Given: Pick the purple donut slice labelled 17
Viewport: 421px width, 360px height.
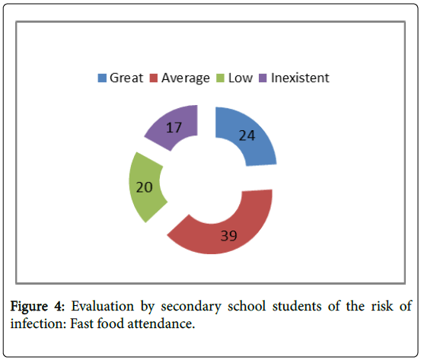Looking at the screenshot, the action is click(x=174, y=126).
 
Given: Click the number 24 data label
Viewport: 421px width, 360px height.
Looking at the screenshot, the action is click(x=247, y=135).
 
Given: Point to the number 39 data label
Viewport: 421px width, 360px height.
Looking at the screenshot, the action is click(x=228, y=236).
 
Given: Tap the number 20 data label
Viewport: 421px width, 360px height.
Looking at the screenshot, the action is click(x=144, y=187).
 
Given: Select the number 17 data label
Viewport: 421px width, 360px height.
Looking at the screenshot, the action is click(x=174, y=127).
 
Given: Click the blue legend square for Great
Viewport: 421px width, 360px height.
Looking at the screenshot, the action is click(x=102, y=78).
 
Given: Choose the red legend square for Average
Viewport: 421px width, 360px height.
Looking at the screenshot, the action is click(x=153, y=78).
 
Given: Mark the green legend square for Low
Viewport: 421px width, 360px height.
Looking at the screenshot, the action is click(x=220, y=78).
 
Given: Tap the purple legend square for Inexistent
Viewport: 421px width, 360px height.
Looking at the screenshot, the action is click(x=263, y=78).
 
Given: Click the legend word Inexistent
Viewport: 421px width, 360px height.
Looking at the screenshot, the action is click(x=300, y=78).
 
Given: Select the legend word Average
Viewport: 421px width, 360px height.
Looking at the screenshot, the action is click(x=186, y=78).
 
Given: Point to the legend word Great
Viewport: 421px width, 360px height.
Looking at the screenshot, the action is click(x=126, y=78).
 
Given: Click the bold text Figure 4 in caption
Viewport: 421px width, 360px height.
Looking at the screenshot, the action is click(x=37, y=306).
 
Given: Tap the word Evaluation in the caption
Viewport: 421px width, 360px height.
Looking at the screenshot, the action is click(x=102, y=306).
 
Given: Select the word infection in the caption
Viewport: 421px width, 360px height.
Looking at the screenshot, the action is click(x=38, y=323).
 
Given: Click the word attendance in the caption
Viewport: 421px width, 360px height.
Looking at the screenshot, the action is click(x=161, y=323).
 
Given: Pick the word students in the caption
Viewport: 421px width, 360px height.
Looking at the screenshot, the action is click(x=297, y=306).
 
